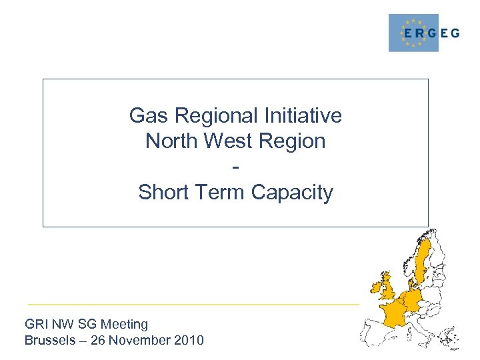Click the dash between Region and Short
pyautogui.click(x=235, y=166)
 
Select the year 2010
pyautogui.click(x=189, y=341)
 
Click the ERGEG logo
pyautogui.click(x=424, y=33)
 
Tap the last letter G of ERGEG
pyautogui.click(x=455, y=33)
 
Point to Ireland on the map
pyautogui.click(x=378, y=288)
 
